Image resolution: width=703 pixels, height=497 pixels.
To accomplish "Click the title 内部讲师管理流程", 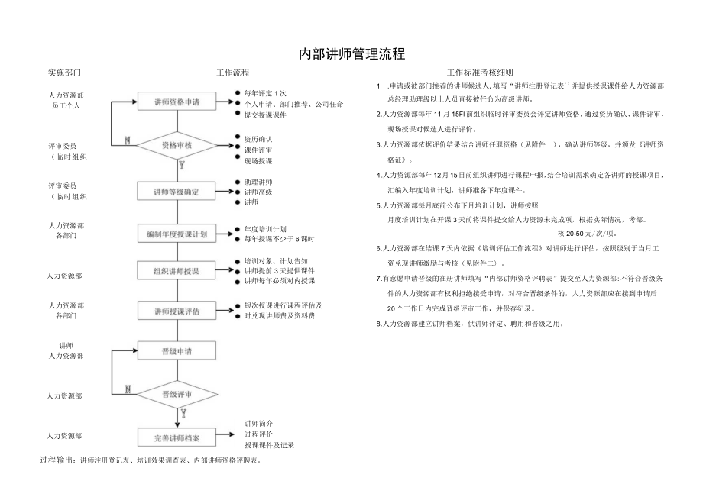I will pos(351,54).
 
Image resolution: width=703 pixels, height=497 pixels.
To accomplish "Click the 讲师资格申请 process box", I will pos(177,102).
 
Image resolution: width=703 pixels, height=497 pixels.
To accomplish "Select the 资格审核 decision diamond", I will pos(177,144).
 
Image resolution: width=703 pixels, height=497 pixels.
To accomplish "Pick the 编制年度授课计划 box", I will pos(177,234).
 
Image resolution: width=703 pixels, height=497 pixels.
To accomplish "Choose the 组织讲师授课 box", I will pos(177,270).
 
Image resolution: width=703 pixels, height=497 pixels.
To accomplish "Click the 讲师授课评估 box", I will pos(177,311).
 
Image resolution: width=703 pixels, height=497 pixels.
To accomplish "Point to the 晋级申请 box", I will pos(177,352).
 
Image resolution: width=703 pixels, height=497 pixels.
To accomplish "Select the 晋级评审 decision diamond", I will pos(177,394).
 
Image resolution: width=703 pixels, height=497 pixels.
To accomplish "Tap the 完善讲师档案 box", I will pos(177,438).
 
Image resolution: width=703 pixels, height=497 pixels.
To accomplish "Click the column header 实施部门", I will pos(64,73).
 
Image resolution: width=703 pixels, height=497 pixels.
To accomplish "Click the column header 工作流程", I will pos(233,73).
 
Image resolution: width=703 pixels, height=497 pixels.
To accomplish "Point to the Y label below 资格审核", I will pos(182,163).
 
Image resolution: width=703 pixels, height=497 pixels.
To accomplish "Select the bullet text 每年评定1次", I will pos(265,92).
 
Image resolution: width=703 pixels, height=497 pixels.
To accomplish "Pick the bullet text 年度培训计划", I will pos(265,228).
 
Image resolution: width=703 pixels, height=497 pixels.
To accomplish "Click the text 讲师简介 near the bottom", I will pos(259,423).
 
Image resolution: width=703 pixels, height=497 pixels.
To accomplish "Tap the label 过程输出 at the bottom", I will pos(57,460).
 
